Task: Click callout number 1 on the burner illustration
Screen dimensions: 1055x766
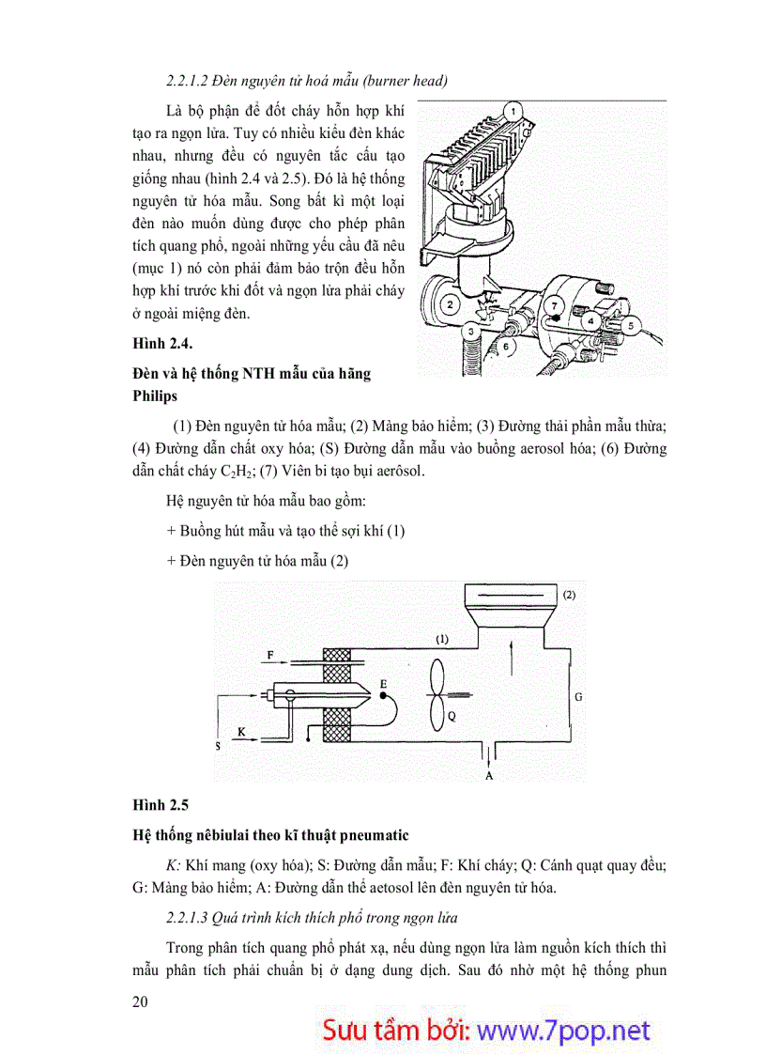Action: (x=514, y=111)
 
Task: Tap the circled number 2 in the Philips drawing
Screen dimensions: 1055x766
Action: (x=451, y=303)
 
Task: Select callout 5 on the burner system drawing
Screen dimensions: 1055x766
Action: (x=631, y=326)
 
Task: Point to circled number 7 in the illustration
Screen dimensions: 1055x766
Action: (x=556, y=306)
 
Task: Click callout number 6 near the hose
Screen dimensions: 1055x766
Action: (x=506, y=347)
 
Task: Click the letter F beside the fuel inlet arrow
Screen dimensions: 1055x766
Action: (x=270, y=653)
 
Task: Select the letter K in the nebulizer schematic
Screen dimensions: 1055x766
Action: (x=241, y=730)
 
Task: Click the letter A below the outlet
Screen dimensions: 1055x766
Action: (x=488, y=776)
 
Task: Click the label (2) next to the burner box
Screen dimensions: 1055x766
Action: (x=569, y=595)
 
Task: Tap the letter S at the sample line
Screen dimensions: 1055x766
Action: (x=218, y=747)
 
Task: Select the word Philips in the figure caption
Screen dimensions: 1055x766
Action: (x=155, y=396)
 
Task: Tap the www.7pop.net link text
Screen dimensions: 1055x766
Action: (x=563, y=1030)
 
